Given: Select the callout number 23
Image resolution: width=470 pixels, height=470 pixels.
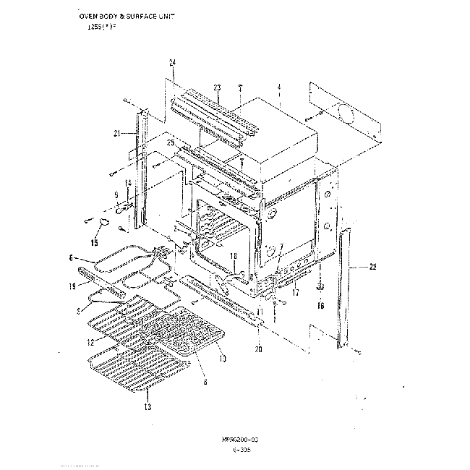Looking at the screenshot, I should [217, 87].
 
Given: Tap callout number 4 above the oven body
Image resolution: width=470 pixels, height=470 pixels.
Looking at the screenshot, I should [278, 87].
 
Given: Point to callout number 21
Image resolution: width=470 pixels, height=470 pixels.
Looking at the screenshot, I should [116, 133].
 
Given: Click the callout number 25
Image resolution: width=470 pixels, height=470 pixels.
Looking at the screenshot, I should [171, 144].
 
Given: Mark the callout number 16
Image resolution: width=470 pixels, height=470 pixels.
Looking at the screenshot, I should [322, 305].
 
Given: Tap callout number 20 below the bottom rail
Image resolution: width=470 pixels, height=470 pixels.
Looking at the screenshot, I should [259, 350].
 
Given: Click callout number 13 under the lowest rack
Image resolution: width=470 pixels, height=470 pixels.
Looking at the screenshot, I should [148, 408].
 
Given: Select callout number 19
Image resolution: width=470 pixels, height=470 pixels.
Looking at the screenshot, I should [72, 286].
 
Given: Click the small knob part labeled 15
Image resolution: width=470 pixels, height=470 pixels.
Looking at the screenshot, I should [106, 220].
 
